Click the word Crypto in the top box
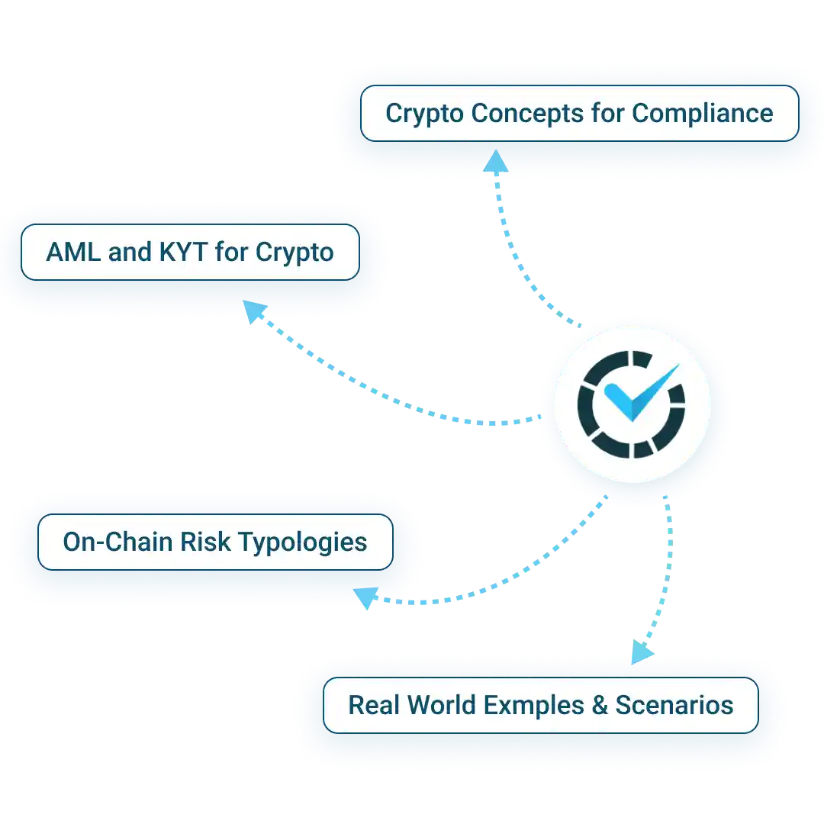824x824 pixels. point(425,114)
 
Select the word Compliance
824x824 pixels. point(702,114)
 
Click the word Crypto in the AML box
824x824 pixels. point(295,253)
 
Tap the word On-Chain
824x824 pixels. point(117,542)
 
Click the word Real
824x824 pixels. point(374,704)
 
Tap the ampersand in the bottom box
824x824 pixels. point(598,704)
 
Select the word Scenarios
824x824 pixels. point(674,704)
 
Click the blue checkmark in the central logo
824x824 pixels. point(633,393)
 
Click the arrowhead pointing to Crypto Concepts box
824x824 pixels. point(497,162)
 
